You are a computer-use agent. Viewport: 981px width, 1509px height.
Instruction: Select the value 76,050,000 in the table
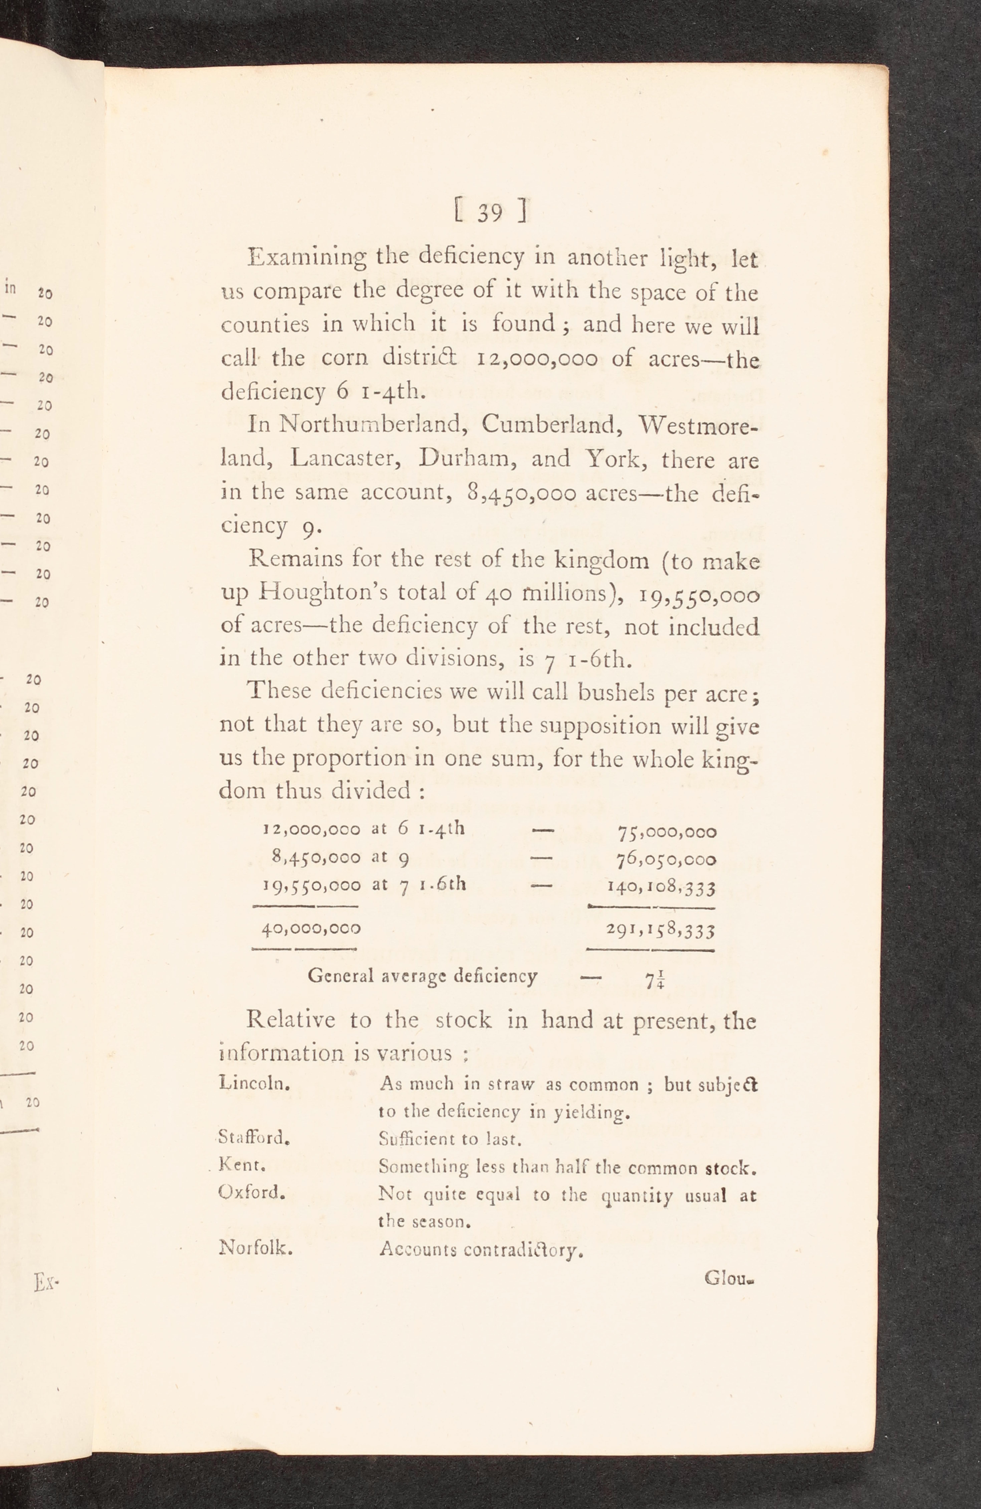(x=666, y=860)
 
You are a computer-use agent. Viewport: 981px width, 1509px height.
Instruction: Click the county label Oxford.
(x=251, y=1193)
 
